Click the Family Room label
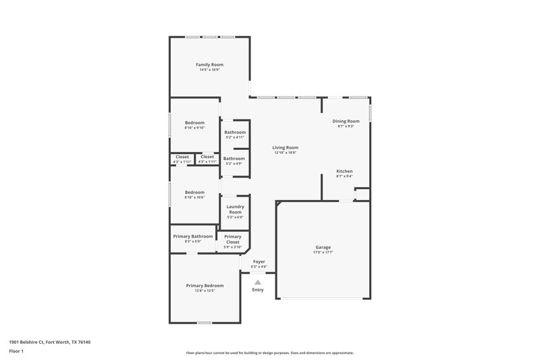click(x=209, y=64)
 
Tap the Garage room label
click(x=323, y=247)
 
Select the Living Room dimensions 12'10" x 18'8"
click(x=286, y=153)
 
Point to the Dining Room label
click(x=346, y=121)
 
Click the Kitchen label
click(x=344, y=172)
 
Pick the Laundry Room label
click(x=235, y=209)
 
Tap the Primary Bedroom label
click(x=205, y=285)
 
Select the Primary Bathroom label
click(x=193, y=236)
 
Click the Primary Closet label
click(x=233, y=239)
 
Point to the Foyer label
click(x=259, y=261)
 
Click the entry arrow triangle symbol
click(x=258, y=282)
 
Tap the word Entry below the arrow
click(x=258, y=290)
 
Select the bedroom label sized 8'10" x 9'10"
click(x=194, y=122)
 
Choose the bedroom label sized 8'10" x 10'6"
click(x=194, y=192)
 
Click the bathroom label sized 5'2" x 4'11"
click(x=235, y=132)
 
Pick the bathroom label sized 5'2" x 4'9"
click(x=234, y=158)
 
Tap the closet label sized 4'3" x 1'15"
click(x=182, y=157)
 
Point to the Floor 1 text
click(x=16, y=351)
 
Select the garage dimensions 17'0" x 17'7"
click(x=323, y=253)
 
